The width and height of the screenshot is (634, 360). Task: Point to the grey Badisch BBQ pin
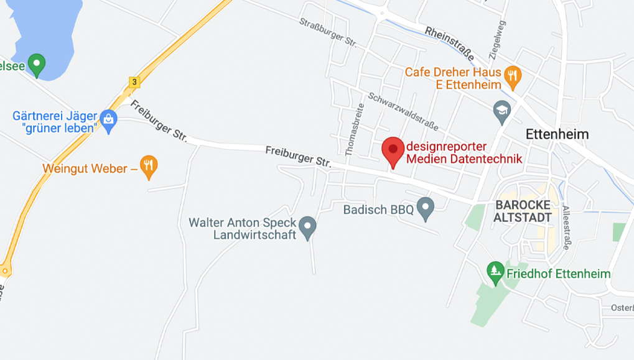coord(425,208)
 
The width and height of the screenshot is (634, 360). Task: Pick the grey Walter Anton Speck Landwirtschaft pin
coord(307,227)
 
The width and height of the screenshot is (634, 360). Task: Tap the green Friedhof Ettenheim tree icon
coord(495,272)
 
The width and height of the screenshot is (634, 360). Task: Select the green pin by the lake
coord(37,64)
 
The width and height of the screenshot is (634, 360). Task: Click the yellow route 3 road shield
coord(134,81)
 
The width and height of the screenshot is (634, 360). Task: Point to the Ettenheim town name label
coord(557,134)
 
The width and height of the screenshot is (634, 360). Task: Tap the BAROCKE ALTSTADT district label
coord(523,211)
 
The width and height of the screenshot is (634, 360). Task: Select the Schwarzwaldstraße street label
coord(403,112)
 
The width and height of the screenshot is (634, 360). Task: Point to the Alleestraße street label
coord(566,227)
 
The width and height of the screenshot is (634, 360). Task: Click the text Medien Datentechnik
coord(464,159)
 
